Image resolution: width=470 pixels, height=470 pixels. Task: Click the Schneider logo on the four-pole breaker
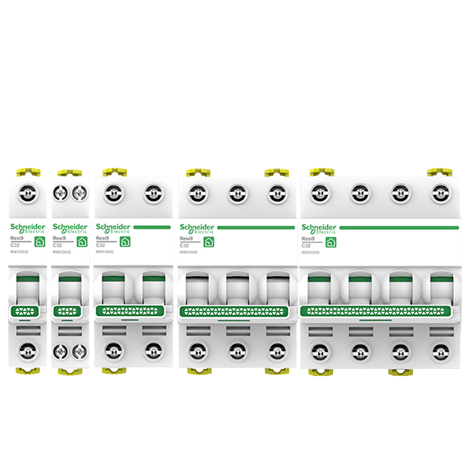click(x=318, y=228)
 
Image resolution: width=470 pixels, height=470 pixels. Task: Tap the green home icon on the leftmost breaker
click(x=39, y=241)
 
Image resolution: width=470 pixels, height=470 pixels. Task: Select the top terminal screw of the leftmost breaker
click(x=27, y=192)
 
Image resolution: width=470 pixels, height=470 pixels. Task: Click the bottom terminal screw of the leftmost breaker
click(x=27, y=351)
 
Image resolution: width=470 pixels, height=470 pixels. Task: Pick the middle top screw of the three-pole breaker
click(x=236, y=192)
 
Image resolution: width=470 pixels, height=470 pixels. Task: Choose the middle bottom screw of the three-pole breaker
click(x=236, y=351)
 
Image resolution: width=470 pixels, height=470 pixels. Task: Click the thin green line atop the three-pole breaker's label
click(x=256, y=227)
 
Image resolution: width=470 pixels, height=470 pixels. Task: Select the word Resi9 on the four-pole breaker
click(x=308, y=239)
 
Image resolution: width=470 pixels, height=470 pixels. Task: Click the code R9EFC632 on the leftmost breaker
click(x=20, y=252)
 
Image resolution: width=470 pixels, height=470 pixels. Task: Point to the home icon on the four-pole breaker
click(x=330, y=241)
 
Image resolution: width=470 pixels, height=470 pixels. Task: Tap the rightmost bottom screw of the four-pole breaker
click(x=439, y=351)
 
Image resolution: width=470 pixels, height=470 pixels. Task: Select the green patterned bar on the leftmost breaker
click(x=24, y=310)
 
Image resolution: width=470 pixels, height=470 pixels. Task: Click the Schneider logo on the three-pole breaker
click(x=197, y=228)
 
